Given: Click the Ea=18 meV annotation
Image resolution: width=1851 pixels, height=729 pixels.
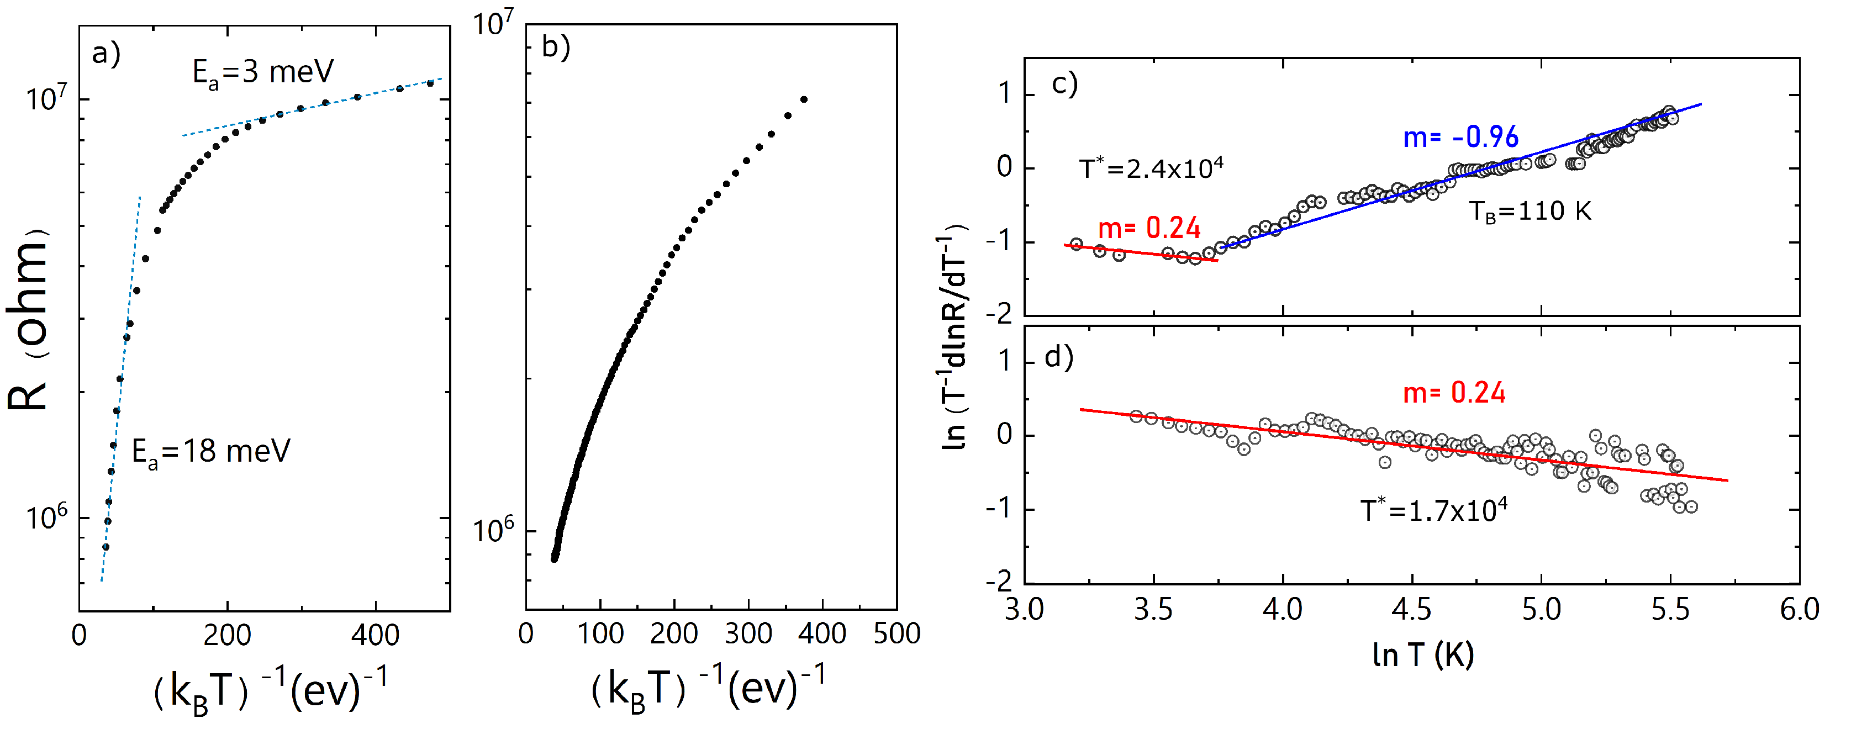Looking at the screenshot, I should tap(210, 452).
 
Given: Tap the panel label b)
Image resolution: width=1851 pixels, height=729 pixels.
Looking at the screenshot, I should tap(556, 47).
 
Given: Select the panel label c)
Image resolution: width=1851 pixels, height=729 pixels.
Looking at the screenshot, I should tap(1064, 84).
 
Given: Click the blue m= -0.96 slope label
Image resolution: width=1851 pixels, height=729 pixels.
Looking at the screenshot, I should tap(1461, 137).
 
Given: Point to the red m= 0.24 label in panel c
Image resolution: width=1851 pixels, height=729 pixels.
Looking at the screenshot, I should tap(1149, 229).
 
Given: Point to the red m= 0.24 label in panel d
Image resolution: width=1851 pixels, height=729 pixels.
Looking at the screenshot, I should tap(1454, 393).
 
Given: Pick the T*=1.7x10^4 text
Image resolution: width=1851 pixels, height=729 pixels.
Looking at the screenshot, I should tap(1433, 510).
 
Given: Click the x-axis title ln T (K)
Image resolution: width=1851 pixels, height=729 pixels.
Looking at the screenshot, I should tap(1423, 654).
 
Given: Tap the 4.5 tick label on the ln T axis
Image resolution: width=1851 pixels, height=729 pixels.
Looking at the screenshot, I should tap(1411, 610).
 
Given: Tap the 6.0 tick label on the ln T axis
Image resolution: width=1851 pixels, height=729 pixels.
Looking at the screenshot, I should tap(1799, 610).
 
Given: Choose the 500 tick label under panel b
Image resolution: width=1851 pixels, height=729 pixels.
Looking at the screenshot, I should tap(897, 634).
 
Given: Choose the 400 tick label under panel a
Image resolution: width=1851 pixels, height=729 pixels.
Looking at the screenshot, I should tap(375, 636).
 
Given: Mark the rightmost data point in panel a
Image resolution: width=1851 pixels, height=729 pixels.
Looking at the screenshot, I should tap(430, 83).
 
